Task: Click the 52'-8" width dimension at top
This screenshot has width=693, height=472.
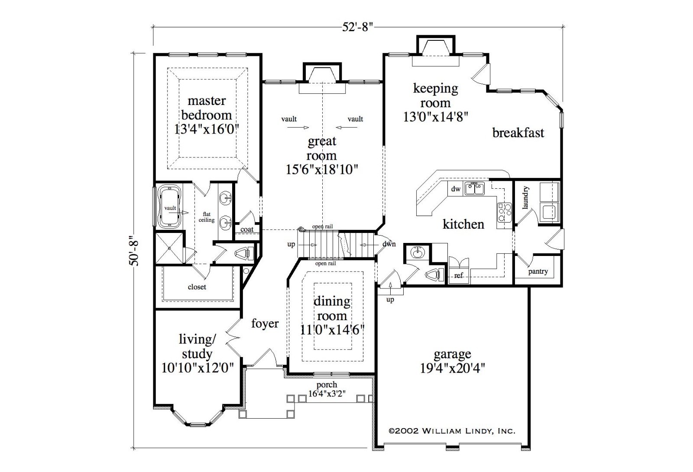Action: [358, 27]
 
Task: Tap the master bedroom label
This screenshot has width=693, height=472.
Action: [207, 108]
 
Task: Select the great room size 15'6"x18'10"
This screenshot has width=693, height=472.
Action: [322, 170]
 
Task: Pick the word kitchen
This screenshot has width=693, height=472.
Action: [463, 224]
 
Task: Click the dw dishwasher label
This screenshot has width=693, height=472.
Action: [456, 189]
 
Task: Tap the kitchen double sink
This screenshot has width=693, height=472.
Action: [474, 189]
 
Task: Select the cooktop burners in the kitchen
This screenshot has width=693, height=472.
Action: [504, 212]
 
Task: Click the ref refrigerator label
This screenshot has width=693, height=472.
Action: [459, 275]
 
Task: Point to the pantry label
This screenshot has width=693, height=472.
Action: [538, 272]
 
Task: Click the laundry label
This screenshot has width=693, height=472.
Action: [525, 198]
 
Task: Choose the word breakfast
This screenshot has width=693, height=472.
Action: [518, 133]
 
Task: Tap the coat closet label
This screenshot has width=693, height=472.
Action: [247, 229]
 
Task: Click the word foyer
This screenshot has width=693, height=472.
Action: [265, 323]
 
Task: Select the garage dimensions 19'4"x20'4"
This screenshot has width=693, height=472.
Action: [452, 368]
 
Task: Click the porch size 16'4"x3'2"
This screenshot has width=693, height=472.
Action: [327, 393]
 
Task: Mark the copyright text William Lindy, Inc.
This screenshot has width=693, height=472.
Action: [452, 431]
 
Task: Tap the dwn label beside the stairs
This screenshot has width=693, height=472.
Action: [389, 244]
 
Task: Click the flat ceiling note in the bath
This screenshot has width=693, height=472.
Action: [206, 217]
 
